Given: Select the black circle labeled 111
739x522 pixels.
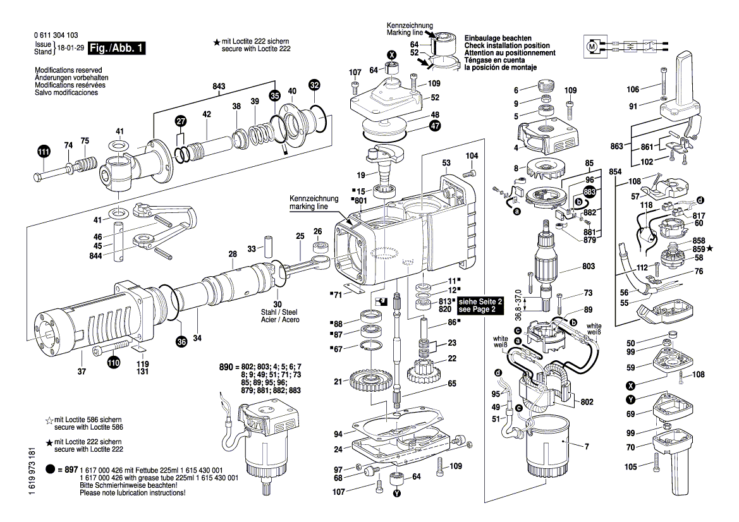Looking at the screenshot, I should pyautogui.click(x=43, y=152).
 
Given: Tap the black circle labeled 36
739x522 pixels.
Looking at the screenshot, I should pyautogui.click(x=181, y=343).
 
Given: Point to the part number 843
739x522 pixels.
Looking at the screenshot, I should pyautogui.click(x=219, y=87).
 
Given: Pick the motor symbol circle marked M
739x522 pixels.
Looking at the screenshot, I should pyautogui.click(x=592, y=47).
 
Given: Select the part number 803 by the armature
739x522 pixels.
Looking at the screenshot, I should pyautogui.click(x=589, y=267).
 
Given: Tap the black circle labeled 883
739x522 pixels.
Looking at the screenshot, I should pyautogui.click(x=590, y=191).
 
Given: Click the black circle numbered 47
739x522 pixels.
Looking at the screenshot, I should pyautogui.click(x=435, y=126).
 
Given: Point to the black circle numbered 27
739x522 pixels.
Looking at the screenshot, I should pyautogui.click(x=181, y=121).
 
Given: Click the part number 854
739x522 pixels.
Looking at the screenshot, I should pyautogui.click(x=614, y=171).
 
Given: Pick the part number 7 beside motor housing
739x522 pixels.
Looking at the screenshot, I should pyautogui.click(x=586, y=447).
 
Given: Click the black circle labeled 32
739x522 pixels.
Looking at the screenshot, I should pyautogui.click(x=314, y=84).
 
